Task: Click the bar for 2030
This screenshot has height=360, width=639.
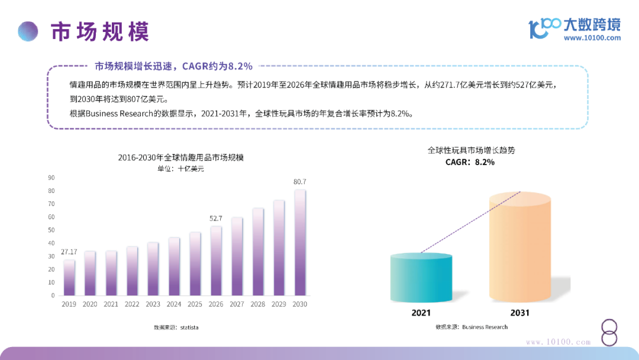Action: point(300,243)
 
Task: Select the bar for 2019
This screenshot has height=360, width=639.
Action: point(69,277)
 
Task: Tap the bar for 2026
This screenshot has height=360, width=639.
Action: point(216,261)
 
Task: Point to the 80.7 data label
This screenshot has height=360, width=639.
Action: point(300,181)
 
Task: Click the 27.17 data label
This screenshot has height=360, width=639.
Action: point(69,252)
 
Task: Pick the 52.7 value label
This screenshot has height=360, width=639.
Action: point(216,218)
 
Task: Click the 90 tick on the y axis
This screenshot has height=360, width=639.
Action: point(51,178)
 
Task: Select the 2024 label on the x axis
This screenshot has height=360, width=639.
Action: point(174,304)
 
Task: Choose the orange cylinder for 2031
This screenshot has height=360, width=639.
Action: point(520,249)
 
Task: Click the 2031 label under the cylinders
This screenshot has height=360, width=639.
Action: point(520,313)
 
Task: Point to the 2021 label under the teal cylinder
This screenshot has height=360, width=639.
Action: point(421,313)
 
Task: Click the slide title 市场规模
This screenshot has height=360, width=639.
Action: point(99,31)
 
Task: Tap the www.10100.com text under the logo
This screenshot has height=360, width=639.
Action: point(592,38)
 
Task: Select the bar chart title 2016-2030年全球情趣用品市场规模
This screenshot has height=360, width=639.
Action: point(180,157)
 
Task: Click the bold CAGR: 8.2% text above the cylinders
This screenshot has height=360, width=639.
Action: point(470,162)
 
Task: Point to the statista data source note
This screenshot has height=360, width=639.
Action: point(176,327)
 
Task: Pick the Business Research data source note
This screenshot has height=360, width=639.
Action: point(472,327)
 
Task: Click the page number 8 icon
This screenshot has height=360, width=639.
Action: point(609,333)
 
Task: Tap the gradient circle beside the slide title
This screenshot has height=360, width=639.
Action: point(28,31)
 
